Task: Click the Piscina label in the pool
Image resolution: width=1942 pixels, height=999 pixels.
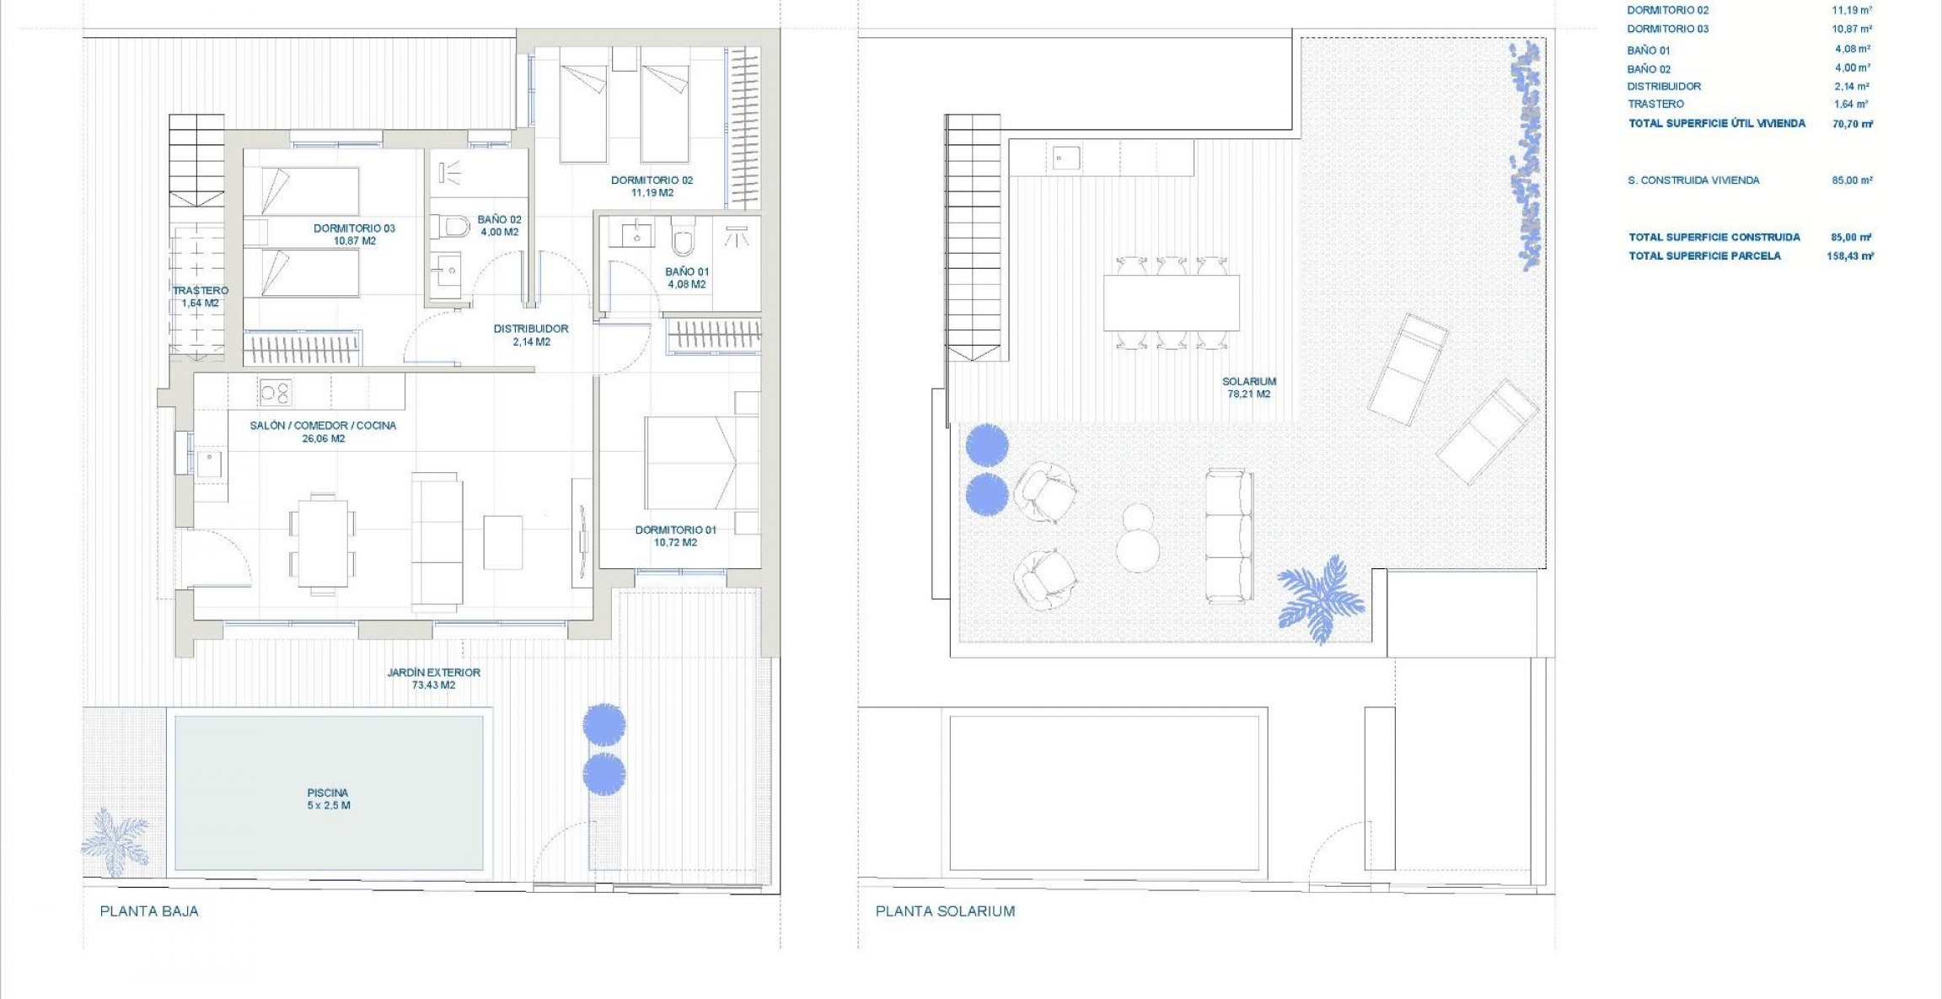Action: pyautogui.click(x=328, y=798)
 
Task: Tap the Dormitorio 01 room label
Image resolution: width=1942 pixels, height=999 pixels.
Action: pyautogui.click(x=675, y=536)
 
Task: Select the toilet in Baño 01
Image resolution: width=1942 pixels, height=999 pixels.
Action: pyautogui.click(x=683, y=239)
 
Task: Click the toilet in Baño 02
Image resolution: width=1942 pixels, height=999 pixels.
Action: pyautogui.click(x=454, y=227)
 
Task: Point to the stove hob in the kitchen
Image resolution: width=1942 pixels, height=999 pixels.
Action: pyautogui.click(x=275, y=392)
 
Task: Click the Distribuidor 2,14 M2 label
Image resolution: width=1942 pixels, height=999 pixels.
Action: pyautogui.click(x=531, y=335)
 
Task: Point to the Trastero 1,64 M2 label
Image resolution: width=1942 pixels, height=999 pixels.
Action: pyautogui.click(x=200, y=297)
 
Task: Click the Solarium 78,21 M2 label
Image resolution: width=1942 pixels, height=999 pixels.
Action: pyautogui.click(x=1248, y=388)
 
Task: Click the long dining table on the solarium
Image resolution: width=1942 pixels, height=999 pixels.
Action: pyautogui.click(x=1171, y=303)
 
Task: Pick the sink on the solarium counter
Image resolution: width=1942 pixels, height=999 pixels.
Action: pyautogui.click(x=1066, y=158)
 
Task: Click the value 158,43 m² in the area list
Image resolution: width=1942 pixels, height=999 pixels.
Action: pyautogui.click(x=1849, y=256)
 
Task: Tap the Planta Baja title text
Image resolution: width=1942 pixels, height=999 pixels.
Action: pyautogui.click(x=149, y=911)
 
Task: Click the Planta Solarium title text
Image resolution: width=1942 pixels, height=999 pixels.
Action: pyautogui.click(x=945, y=911)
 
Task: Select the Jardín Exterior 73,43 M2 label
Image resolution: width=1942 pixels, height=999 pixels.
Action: pyautogui.click(x=433, y=679)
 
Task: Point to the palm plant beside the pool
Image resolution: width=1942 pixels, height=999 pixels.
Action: pyautogui.click(x=115, y=841)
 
